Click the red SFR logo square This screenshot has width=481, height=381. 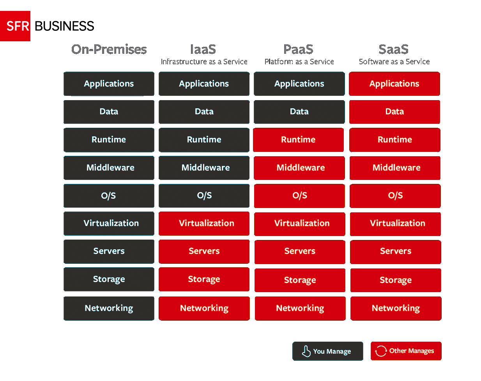pyautogui.click(x=15, y=26)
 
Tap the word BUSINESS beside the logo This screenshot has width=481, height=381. pyautogui.click(x=64, y=26)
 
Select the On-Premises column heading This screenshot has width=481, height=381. pyautogui.click(x=109, y=49)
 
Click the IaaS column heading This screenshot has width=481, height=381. pyautogui.click(x=203, y=49)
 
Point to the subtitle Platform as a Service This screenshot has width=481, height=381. pyautogui.click(x=299, y=62)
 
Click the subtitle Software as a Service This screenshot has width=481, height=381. pyautogui.click(x=394, y=62)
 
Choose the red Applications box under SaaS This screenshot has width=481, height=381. pyautogui.click(x=394, y=84)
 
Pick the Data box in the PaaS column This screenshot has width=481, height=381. pyautogui.click(x=299, y=112)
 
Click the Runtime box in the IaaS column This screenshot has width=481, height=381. pyautogui.click(x=204, y=140)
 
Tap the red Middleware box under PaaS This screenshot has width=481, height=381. pyautogui.click(x=299, y=168)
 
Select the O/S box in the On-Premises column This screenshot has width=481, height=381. pyautogui.click(x=109, y=196)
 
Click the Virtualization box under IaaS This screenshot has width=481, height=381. pyautogui.click(x=204, y=224)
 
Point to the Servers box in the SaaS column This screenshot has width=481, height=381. pyautogui.click(x=396, y=252)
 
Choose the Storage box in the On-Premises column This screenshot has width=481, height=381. pyautogui.click(x=109, y=279)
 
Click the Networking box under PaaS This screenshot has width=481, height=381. pyautogui.click(x=300, y=309)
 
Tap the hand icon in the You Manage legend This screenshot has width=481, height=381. pyautogui.click(x=306, y=351)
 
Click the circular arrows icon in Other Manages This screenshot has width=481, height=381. pyautogui.click(x=381, y=351)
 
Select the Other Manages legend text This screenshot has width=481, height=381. pyautogui.click(x=412, y=351)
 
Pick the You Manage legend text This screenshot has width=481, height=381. pyautogui.click(x=332, y=351)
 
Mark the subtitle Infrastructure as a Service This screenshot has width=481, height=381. pyautogui.click(x=204, y=62)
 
